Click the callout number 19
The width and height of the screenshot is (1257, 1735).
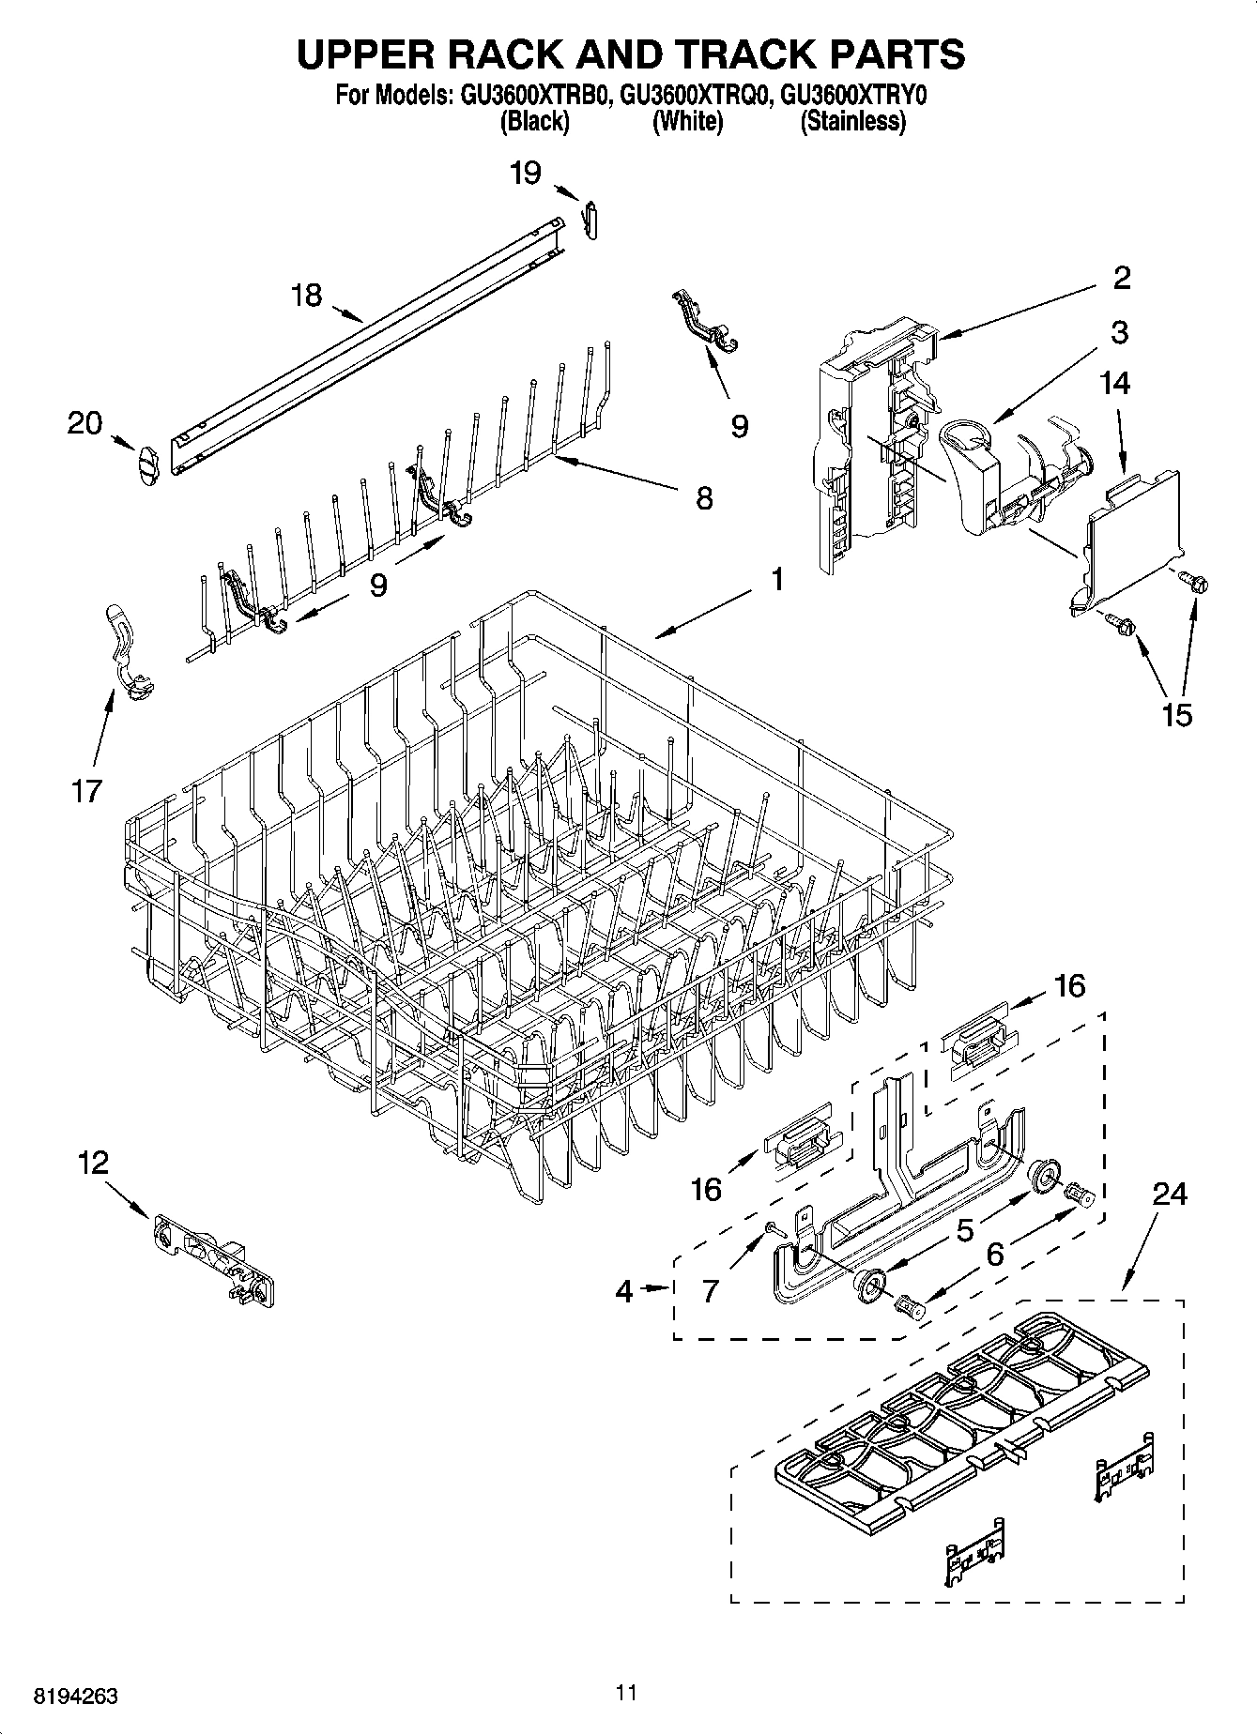coord(526,173)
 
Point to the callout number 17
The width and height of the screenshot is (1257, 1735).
coord(85,791)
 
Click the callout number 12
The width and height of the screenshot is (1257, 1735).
coord(93,1164)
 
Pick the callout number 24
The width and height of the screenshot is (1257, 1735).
coord(1170,1194)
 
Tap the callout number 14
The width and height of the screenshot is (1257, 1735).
coord(1115,383)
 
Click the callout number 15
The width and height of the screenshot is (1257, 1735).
coord(1176,714)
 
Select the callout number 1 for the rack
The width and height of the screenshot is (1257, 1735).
coord(777,580)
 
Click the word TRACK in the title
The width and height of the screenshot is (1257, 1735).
coord(721,54)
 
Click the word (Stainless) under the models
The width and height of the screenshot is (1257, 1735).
coord(852,121)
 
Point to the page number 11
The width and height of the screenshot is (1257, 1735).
coord(627,1692)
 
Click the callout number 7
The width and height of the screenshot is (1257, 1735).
coord(711,1290)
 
